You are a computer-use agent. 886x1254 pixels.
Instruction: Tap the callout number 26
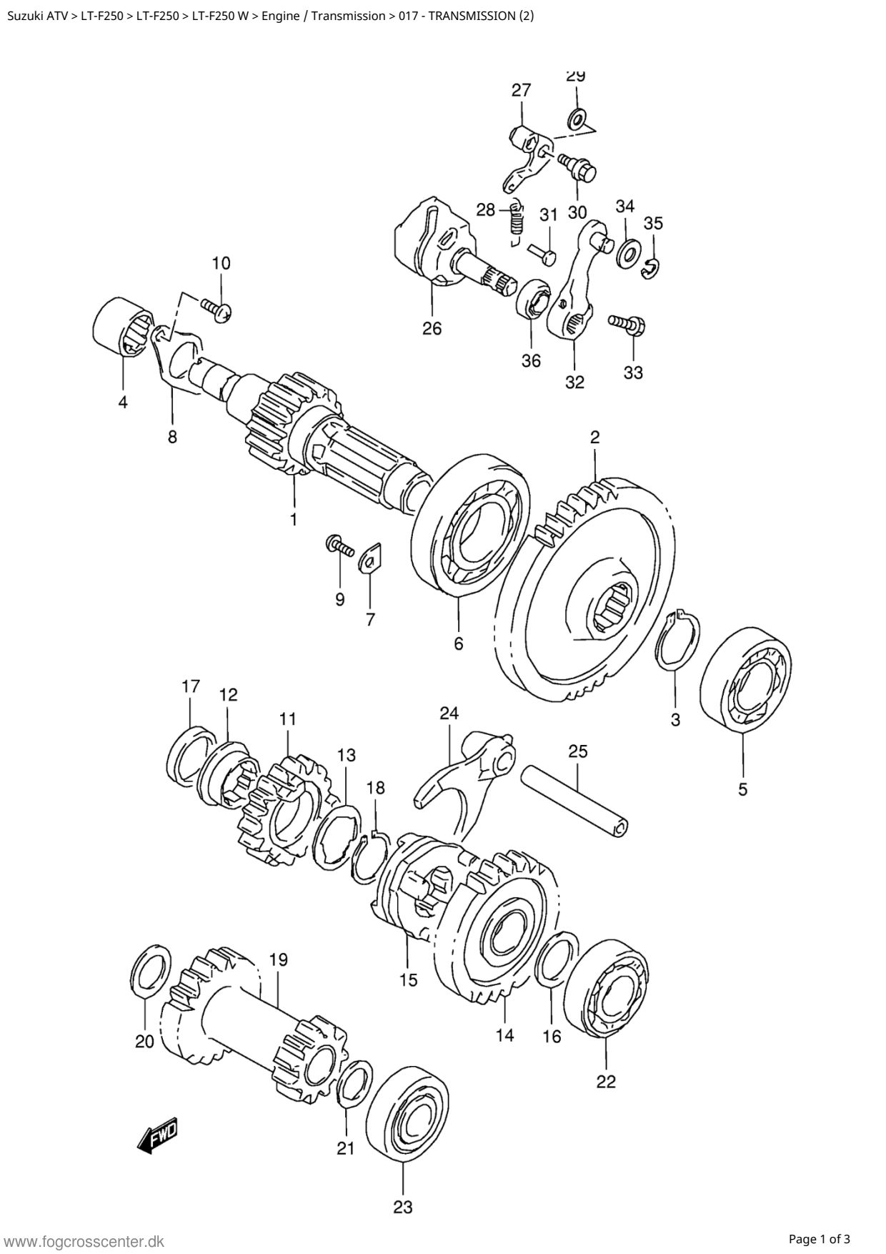point(432,328)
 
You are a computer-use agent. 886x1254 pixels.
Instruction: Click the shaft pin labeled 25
point(576,800)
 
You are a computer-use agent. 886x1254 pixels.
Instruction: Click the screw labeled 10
point(215,310)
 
